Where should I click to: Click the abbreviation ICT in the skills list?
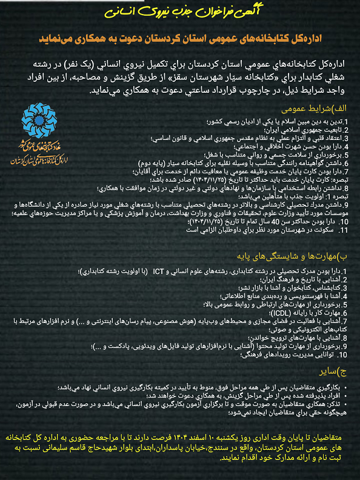159,270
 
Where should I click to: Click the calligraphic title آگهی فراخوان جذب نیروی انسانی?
180,11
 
